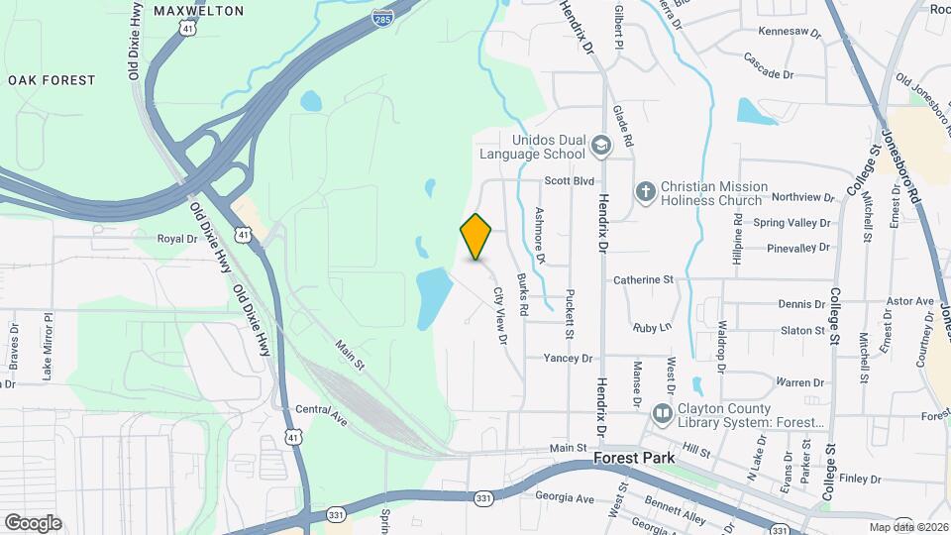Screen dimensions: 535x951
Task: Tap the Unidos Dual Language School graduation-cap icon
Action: coord(600,147)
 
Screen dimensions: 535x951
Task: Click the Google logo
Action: coord(33,522)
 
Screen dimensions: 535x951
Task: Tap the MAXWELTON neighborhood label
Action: coord(198,11)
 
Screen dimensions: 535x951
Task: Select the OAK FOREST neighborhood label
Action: coord(52,79)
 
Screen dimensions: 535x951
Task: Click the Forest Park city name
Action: coord(634,459)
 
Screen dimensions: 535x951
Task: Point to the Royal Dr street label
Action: coord(178,239)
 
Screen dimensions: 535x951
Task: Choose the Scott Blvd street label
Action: coord(570,181)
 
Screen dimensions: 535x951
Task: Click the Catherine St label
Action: coord(643,280)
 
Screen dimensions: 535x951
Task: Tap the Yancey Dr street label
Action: coord(568,358)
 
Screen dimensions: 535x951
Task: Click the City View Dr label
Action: coord(500,316)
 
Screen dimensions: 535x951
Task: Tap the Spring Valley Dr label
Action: coord(790,224)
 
